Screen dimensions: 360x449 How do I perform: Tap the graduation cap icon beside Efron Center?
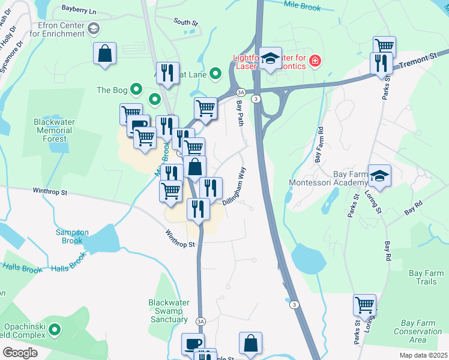click(x=94, y=28)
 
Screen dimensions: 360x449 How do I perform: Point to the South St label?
click(x=185, y=22)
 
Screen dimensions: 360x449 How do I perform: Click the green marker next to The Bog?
click(x=137, y=91)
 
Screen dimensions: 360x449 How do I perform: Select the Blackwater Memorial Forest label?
click(x=54, y=130)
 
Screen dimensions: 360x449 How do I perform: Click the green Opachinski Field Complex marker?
click(x=55, y=329)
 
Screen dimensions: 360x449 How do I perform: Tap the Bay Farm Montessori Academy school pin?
click(x=379, y=175)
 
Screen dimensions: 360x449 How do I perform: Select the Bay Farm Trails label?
click(x=426, y=277)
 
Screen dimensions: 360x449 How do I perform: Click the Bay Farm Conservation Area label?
click(x=418, y=331)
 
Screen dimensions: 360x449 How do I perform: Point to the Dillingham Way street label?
click(x=235, y=186)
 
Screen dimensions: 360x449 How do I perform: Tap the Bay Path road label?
click(x=240, y=112)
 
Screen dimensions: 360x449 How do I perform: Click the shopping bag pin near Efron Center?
click(x=104, y=52)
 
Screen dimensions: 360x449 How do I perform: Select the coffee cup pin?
click(x=193, y=344)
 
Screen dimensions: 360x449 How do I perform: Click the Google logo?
click(x=20, y=352)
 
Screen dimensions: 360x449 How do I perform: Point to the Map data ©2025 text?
click(x=423, y=355)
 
